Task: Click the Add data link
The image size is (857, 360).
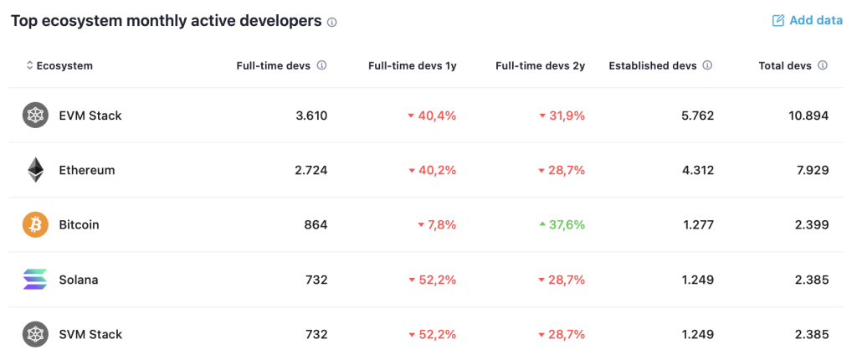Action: click(x=808, y=21)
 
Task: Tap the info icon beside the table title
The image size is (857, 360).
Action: click(x=331, y=23)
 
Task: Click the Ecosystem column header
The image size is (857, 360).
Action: click(x=59, y=65)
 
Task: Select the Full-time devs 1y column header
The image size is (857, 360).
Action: click(x=412, y=65)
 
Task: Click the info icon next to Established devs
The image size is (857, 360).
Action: click(x=707, y=65)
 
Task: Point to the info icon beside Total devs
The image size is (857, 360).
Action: click(x=822, y=65)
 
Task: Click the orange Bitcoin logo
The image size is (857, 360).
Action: click(x=35, y=225)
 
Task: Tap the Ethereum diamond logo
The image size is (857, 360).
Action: click(x=35, y=170)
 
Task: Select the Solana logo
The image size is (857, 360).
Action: click(x=35, y=280)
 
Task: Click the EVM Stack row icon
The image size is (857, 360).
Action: click(x=35, y=116)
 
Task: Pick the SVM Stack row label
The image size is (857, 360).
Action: click(x=90, y=334)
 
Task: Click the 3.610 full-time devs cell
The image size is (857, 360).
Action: click(x=311, y=116)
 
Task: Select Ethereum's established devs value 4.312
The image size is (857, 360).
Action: click(x=697, y=170)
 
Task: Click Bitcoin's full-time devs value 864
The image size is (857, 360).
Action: click(x=316, y=225)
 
